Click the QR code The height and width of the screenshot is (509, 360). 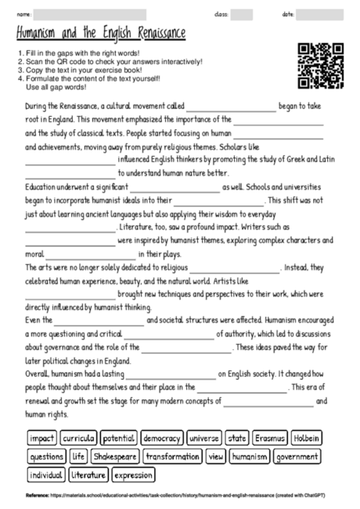[321, 66]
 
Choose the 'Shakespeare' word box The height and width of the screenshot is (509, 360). [116, 457]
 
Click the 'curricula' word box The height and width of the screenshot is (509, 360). [79, 438]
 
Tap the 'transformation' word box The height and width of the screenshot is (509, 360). [173, 457]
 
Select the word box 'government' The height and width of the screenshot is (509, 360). [297, 457]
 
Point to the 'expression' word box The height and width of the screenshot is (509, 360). [133, 475]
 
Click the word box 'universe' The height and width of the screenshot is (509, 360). [204, 438]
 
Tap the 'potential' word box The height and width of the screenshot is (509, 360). [120, 438]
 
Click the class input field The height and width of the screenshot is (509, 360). [241, 15]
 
